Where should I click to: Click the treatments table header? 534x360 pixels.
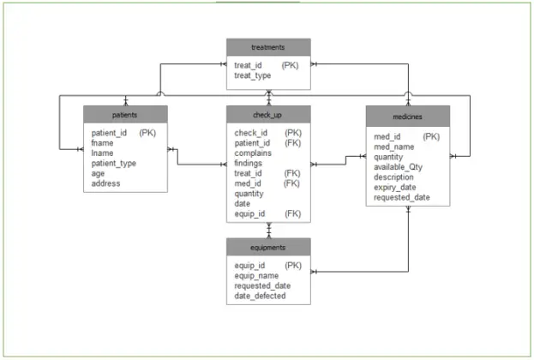pos(268,47)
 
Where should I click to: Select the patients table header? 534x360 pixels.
pos(125,114)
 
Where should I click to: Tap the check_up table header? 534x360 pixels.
pos(268,114)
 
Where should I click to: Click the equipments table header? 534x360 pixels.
pos(268,247)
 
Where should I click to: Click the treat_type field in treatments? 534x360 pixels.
pos(253,75)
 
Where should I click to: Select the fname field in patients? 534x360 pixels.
pos(104,143)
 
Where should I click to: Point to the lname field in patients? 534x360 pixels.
pos(103,153)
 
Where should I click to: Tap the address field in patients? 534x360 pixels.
pos(107,183)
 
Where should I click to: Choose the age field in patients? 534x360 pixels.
pos(99,173)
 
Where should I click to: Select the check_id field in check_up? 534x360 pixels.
pos(251,133)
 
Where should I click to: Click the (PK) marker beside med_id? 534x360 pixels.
pos(432,136)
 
